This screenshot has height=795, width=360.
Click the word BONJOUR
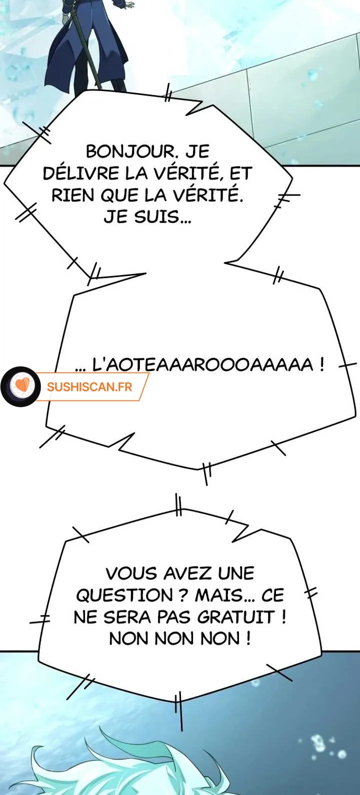click(131, 151)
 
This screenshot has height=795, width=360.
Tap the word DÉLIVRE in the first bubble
click(81, 173)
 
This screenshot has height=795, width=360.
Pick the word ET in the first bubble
click(240, 173)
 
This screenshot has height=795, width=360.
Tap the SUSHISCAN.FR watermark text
click(89, 387)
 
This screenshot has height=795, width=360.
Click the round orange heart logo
click(20, 386)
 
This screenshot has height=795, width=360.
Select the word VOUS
click(132, 573)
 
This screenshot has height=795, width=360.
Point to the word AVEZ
click(188, 573)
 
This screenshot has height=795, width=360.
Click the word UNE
click(236, 573)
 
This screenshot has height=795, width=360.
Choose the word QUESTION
click(124, 595)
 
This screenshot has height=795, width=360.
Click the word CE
click(272, 595)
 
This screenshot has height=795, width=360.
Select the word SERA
click(127, 617)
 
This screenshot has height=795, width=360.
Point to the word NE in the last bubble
click(85, 617)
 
